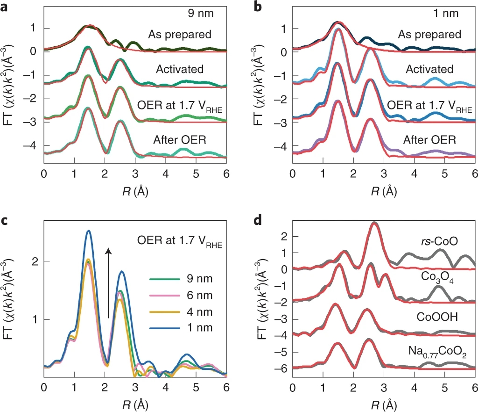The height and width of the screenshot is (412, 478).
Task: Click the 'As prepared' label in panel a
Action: pos(180,34)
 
